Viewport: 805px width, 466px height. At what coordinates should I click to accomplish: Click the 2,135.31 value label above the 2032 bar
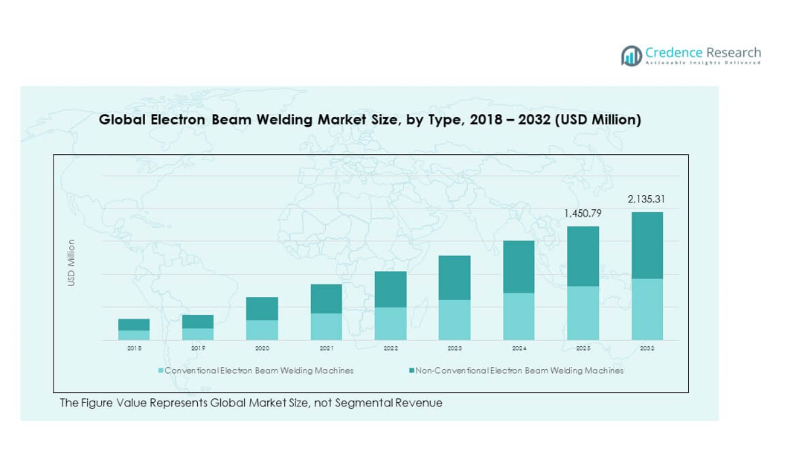(x=647, y=199)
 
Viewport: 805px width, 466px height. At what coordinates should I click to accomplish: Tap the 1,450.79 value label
(x=583, y=213)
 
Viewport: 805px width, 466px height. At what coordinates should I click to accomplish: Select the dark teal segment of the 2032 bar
(x=647, y=246)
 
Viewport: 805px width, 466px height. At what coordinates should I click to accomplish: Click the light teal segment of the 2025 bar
(x=583, y=313)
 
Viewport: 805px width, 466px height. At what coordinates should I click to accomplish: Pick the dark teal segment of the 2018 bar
(x=134, y=325)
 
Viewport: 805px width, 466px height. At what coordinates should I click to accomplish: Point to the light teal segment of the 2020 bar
(x=262, y=330)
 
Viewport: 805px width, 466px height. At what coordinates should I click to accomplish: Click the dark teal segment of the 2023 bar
(x=454, y=278)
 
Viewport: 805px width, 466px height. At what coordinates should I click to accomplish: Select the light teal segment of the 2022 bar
(x=390, y=323)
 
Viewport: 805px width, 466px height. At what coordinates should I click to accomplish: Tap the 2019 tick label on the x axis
(x=198, y=348)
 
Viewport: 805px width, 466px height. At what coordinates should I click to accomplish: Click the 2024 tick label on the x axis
(x=519, y=348)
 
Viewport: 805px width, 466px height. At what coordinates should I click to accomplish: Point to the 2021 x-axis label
(x=326, y=348)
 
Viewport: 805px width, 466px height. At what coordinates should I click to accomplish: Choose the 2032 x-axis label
(x=647, y=348)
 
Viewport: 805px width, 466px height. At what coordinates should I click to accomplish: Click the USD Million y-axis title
(x=71, y=263)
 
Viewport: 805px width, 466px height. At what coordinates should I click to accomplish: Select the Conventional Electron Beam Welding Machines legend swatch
(x=160, y=370)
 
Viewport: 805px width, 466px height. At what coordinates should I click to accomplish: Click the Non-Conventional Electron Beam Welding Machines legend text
(x=519, y=370)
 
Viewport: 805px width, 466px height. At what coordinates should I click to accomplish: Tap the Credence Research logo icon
(x=632, y=55)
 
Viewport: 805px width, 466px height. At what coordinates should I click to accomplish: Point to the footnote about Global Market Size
(x=251, y=403)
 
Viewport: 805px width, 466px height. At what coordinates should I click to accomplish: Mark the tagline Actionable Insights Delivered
(x=703, y=63)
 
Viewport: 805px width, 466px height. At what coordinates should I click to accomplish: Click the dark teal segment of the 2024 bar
(x=519, y=266)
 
